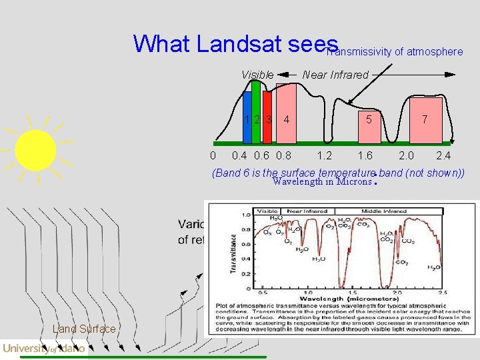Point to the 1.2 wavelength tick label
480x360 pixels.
pyautogui.click(x=325, y=156)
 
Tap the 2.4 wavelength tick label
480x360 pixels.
pyautogui.click(x=443, y=156)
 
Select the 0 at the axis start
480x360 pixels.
pyautogui.click(x=212, y=156)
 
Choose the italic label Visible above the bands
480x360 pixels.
pyautogui.click(x=257, y=75)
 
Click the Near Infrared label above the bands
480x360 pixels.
pyautogui.click(x=335, y=75)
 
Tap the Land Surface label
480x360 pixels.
pyautogui.click(x=84, y=329)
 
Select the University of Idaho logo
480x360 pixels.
pyautogui.click(x=44, y=348)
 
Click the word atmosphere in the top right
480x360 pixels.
pyautogui.click(x=437, y=51)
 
